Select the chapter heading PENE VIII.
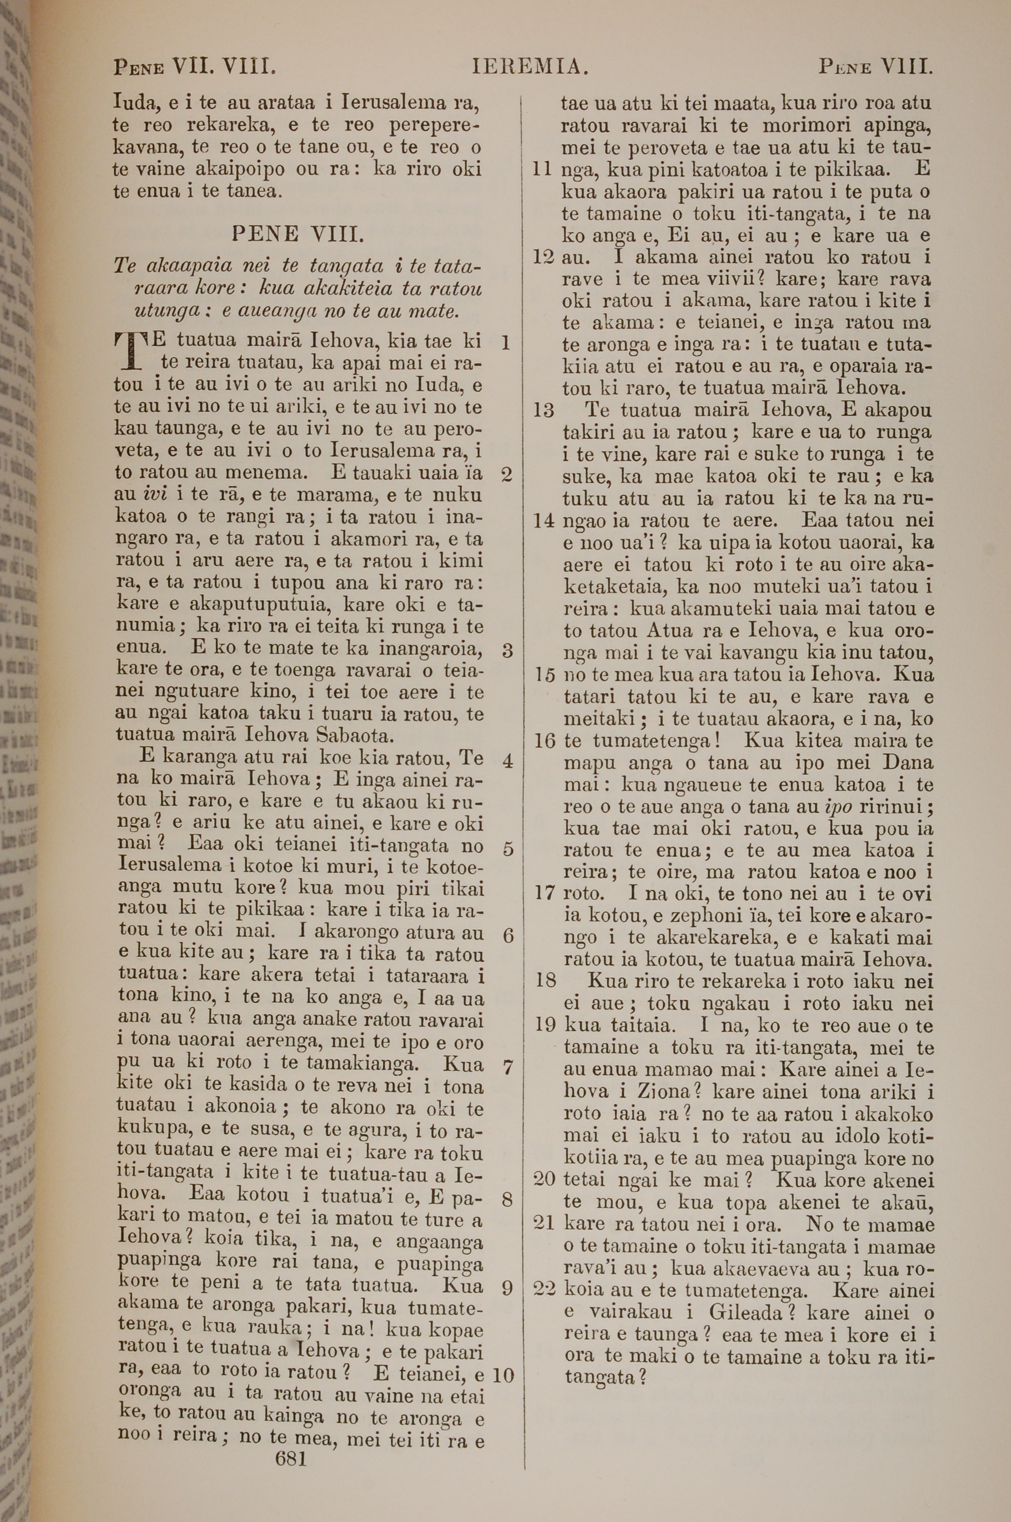[297, 233]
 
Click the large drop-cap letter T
[131, 352]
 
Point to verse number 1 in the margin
[505, 343]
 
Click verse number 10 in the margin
[503, 1375]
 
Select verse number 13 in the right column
[544, 410]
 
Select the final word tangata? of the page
[605, 1377]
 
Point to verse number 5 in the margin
[508, 849]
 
